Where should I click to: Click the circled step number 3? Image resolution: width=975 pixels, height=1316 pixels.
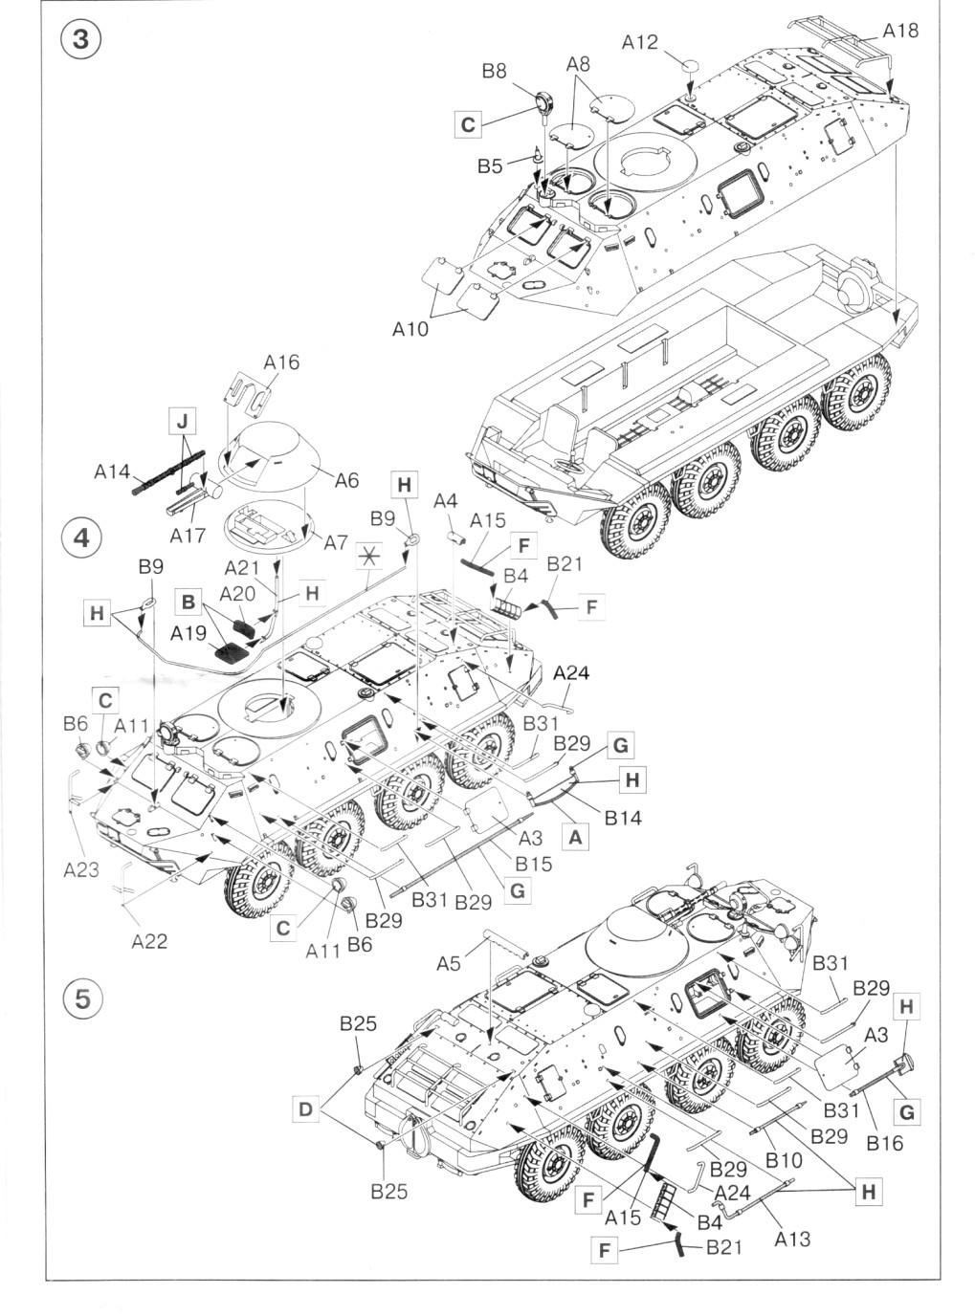coord(81,40)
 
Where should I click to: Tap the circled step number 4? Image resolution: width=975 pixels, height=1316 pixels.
coord(81,537)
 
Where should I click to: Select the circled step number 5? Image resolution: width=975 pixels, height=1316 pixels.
coord(81,997)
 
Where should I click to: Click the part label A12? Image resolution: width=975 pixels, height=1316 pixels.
coord(639,42)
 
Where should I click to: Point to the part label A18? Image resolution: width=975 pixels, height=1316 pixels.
coord(899,31)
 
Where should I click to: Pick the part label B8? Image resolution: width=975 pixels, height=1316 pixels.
coord(494,70)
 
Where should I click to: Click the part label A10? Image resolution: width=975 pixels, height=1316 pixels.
coord(410,328)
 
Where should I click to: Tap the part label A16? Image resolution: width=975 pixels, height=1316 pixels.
coord(281,362)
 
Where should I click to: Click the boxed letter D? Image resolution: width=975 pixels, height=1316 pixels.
coord(305,1108)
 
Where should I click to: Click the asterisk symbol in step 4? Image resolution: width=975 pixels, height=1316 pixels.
coord(368,554)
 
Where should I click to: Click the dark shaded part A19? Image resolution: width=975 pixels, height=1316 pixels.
coord(231,654)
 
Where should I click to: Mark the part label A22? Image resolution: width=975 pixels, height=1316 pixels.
coord(149,941)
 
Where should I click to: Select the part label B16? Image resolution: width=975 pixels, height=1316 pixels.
coord(884,1142)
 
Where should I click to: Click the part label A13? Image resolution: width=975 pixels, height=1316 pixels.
coord(792,1239)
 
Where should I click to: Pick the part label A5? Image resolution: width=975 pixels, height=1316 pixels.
coord(448,964)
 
